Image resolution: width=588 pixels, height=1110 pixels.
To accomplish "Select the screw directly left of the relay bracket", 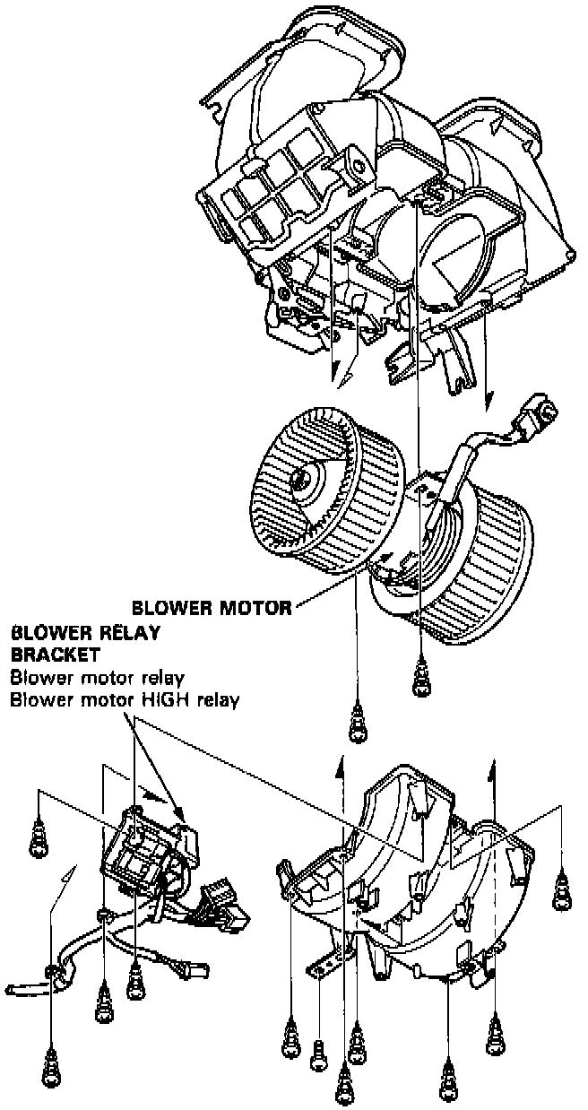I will click(x=39, y=838).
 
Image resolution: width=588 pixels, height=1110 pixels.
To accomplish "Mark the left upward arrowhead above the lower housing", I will click(x=340, y=761).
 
